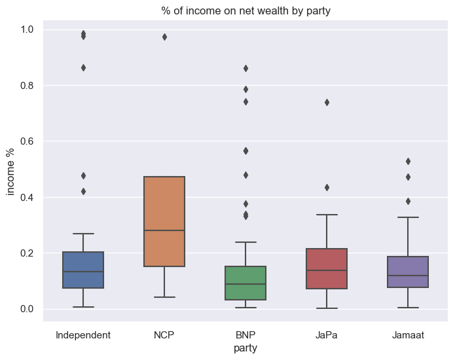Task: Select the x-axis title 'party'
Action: click(246, 348)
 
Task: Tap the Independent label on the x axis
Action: click(83, 335)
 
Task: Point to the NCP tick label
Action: click(164, 335)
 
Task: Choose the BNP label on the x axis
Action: click(246, 335)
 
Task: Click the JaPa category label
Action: click(327, 335)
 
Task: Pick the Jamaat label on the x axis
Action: click(408, 335)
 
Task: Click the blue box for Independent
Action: click(83, 270)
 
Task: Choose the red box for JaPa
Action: click(327, 268)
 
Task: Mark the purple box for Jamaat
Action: click(408, 272)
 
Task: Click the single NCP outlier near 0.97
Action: click(164, 37)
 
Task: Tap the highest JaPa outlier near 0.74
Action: click(327, 102)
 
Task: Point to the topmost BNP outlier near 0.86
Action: click(246, 68)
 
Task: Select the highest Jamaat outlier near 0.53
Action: click(408, 161)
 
